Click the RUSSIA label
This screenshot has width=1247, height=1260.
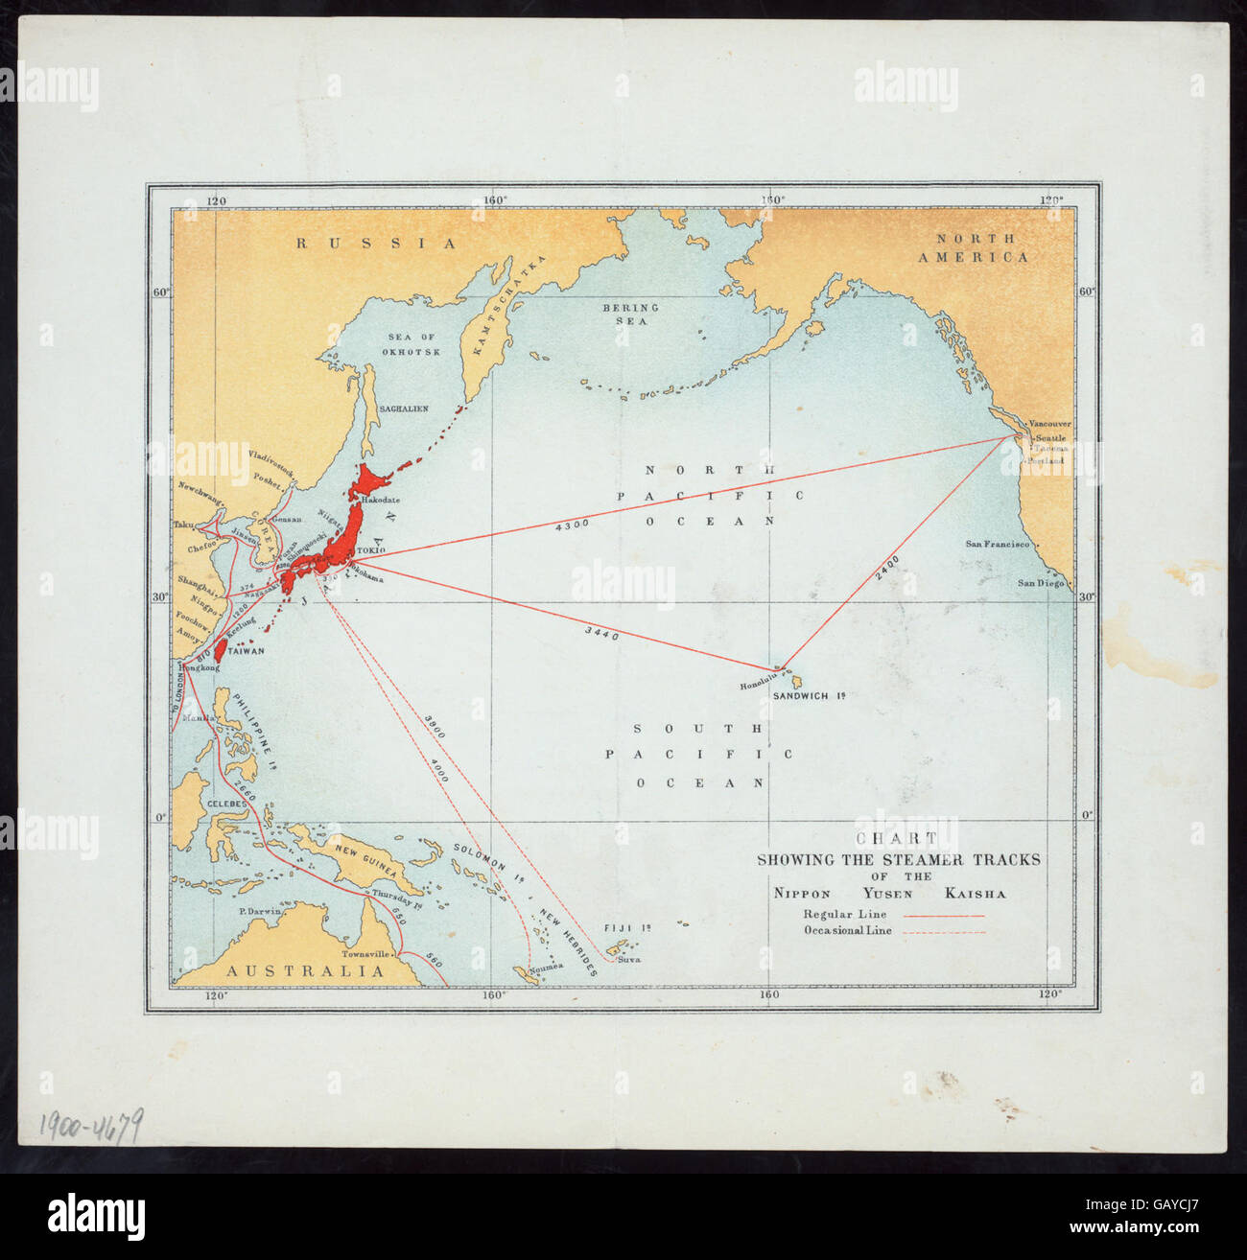tap(376, 244)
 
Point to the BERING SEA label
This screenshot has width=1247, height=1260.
tap(630, 315)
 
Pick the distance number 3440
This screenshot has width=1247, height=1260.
tap(601, 633)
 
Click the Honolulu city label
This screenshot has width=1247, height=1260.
tap(763, 686)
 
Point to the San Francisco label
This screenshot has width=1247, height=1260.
tap(997, 545)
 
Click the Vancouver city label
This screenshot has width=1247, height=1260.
tap(1049, 423)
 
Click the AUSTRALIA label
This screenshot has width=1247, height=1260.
tap(305, 971)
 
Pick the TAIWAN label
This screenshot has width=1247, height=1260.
tap(245, 650)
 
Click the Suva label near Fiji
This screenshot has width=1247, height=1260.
tap(628, 959)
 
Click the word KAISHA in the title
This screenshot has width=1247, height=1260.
tap(975, 894)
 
